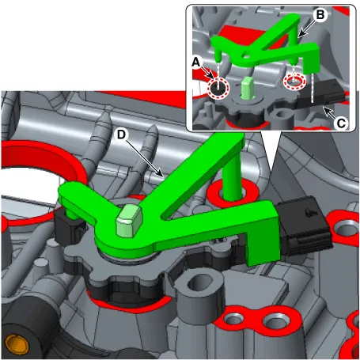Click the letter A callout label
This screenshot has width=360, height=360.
pos(196,63)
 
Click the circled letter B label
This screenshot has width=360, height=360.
pos(320,15)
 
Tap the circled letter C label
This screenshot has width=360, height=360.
pos(341,123)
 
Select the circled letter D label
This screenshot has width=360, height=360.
pos(121,135)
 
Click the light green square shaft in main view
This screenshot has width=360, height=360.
pos(129,221)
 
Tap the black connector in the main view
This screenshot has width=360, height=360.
pos(304,225)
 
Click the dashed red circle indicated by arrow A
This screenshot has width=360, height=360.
pos(218,88)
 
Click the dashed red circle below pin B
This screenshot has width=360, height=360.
pos(294,81)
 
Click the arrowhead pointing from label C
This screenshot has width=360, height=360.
pos(325,110)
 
